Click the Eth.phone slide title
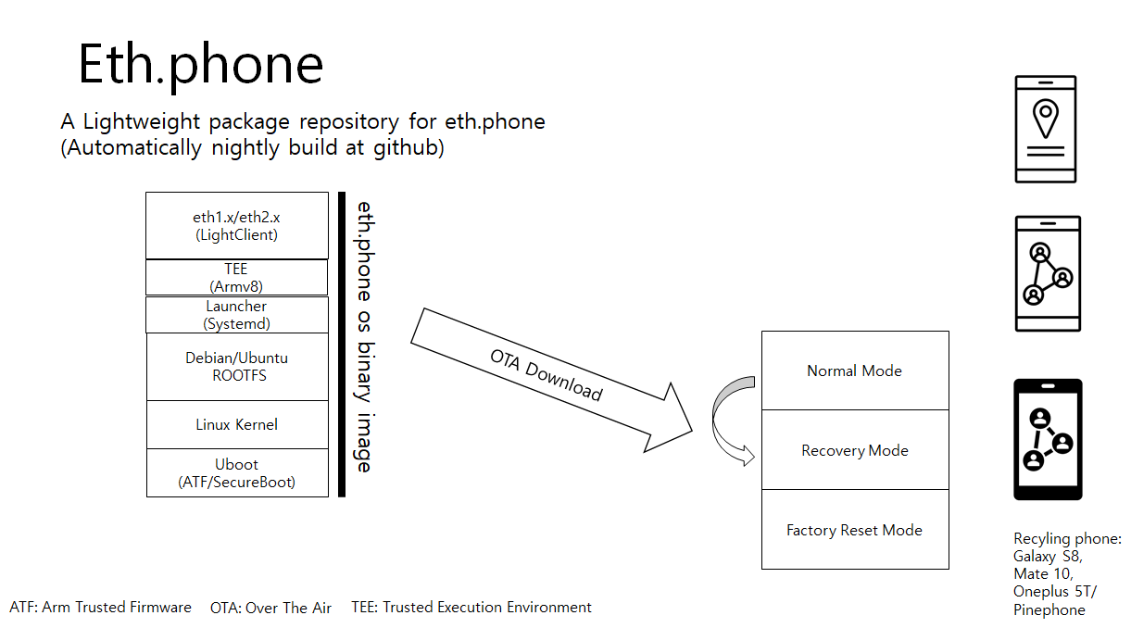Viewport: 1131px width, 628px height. tap(200, 65)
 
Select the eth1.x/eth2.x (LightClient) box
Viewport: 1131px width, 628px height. tap(237, 226)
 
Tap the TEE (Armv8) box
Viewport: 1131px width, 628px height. tap(237, 277)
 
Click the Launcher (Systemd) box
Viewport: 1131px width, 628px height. tap(237, 315)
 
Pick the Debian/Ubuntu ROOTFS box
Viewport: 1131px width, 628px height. tap(237, 367)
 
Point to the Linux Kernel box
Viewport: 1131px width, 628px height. tap(237, 424)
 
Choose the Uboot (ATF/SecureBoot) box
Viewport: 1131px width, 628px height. tap(237, 473)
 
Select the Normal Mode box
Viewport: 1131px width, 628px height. tap(855, 371)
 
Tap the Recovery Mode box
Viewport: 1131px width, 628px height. tap(855, 450)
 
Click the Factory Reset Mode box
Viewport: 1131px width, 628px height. tap(855, 530)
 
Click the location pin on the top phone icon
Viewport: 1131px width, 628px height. tap(1046, 118)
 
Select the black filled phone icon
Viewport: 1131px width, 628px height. tap(1048, 439)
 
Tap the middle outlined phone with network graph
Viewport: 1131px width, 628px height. tap(1048, 273)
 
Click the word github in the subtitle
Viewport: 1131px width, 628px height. tap(408, 148)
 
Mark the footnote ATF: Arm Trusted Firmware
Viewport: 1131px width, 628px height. tap(100, 607)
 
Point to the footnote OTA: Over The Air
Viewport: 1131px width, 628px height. tap(270, 608)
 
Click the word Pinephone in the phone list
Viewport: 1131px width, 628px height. tap(1049, 609)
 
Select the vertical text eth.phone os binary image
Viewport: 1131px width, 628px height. tap(365, 337)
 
